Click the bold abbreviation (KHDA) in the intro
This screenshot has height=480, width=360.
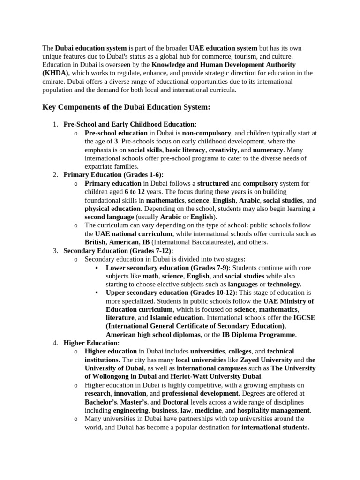(55, 73)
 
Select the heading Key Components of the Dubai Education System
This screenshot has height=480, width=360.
(126, 107)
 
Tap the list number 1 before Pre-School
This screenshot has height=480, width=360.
(54, 124)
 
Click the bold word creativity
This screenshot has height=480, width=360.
(223, 150)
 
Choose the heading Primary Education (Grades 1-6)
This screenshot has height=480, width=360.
(113, 175)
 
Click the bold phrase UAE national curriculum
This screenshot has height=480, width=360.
(134, 233)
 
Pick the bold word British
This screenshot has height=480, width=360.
(96, 242)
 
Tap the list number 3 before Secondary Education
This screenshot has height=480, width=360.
(54, 250)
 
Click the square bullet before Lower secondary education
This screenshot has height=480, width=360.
(96, 268)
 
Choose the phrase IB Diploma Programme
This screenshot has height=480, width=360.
(259, 335)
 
